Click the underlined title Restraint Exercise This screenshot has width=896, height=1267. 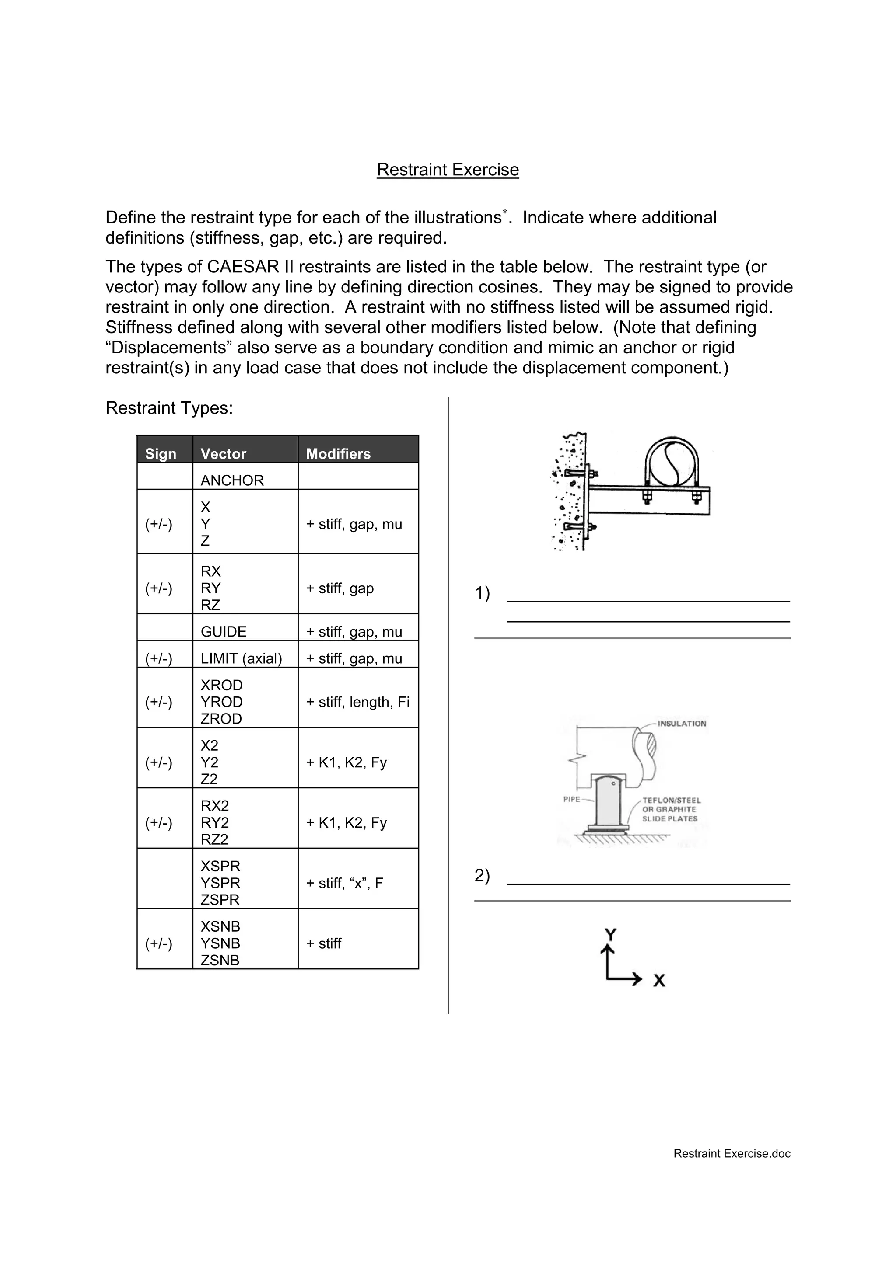[x=448, y=169]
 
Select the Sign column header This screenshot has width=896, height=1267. [x=161, y=454]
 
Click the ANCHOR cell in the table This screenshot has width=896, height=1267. [x=232, y=480]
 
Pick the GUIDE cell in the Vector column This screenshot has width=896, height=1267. [x=224, y=631]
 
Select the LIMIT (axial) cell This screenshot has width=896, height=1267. [x=241, y=658]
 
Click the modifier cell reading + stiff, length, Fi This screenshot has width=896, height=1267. [x=358, y=702]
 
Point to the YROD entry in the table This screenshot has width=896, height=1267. [x=221, y=702]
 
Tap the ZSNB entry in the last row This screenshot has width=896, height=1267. [x=220, y=960]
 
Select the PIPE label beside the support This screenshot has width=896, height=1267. [x=571, y=800]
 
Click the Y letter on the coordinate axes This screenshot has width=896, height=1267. [x=610, y=934]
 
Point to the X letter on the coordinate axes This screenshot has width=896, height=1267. [x=659, y=980]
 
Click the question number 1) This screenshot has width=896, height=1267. [x=483, y=593]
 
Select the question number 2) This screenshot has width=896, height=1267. [x=483, y=876]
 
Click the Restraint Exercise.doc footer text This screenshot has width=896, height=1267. [x=731, y=1153]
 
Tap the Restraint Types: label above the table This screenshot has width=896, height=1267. [x=169, y=408]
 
